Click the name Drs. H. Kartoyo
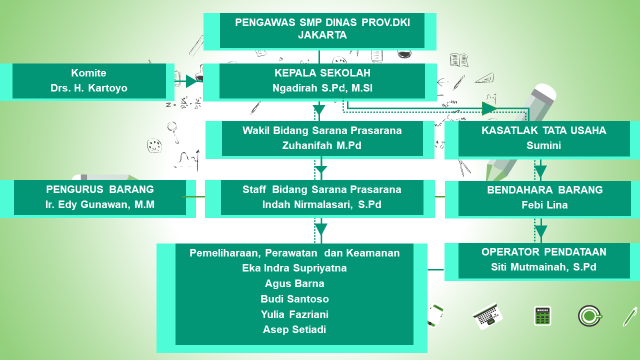pyautogui.click(x=89, y=88)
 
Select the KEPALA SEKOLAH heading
pyautogui.click(x=322, y=73)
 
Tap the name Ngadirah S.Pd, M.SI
pyautogui.click(x=322, y=88)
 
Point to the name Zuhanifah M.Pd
pyautogui.click(x=322, y=146)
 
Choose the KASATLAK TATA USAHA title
pyautogui.click(x=543, y=130)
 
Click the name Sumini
pyautogui.click(x=543, y=146)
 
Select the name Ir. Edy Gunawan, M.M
pyautogui.click(x=99, y=204)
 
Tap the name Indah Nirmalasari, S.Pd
pyautogui.click(x=322, y=204)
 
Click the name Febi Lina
pyautogui.click(x=544, y=205)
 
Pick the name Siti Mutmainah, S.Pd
pyautogui.click(x=543, y=267)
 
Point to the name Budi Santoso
pyautogui.click(x=294, y=299)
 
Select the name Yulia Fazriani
pyautogui.click(x=294, y=314)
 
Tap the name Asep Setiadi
pyautogui.click(x=294, y=329)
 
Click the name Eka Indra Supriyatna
pyautogui.click(x=294, y=268)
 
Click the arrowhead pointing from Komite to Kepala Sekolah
pyautogui.click(x=192, y=81)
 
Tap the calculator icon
pyautogui.click(x=542, y=316)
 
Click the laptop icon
pyautogui.click(x=487, y=316)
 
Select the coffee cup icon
pyautogui.click(x=589, y=316)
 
